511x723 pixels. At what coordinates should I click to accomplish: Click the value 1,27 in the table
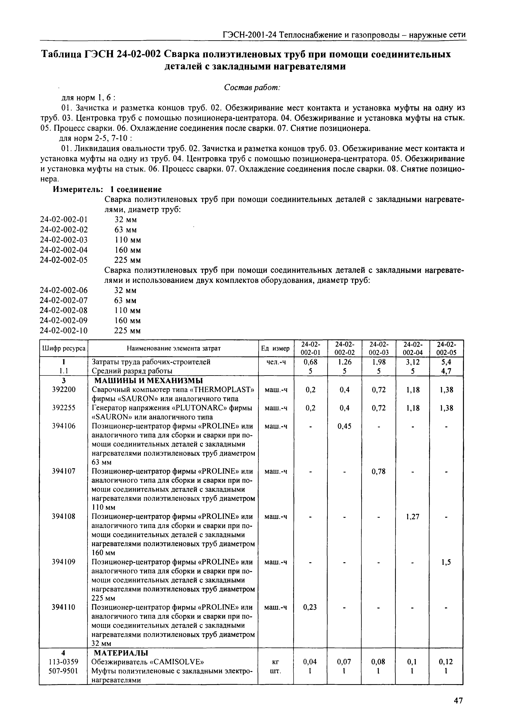click(x=412, y=517)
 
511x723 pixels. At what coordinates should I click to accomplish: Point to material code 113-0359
click(x=64, y=662)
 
